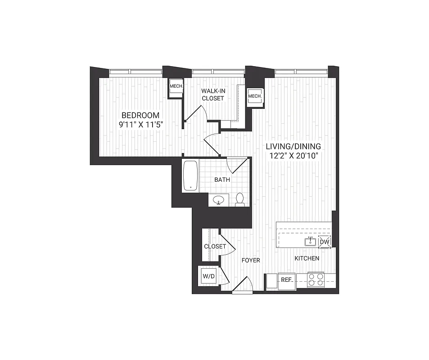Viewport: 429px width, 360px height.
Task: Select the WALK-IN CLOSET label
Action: pos(213,94)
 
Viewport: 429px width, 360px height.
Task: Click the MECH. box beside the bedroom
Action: pos(176,86)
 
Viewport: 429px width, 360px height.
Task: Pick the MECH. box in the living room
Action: pos(255,96)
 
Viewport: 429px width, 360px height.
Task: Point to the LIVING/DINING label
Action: pos(293,146)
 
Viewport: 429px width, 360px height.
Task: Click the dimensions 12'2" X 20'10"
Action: pos(293,156)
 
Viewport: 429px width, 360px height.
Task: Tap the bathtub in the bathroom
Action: pos(190,176)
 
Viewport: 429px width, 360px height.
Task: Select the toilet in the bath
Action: pos(240,199)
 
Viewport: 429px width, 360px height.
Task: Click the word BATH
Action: pos(222,180)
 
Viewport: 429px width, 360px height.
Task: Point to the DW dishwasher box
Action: pos(325,242)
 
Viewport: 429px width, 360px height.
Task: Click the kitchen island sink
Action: pos(310,242)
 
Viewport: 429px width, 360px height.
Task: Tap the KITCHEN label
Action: pos(307,258)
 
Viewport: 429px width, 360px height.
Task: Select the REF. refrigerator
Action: pos(287,280)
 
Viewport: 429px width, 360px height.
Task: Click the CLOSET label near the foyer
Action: pos(215,247)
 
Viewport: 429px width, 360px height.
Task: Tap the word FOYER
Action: pos(251,260)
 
